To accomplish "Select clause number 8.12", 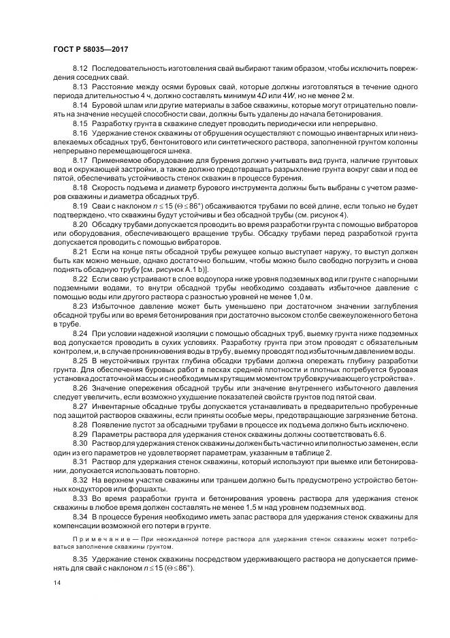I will [80, 70].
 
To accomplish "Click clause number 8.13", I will [80, 88].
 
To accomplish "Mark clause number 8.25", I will [80, 359].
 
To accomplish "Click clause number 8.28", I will [80, 423].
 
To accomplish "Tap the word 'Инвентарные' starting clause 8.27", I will [116, 404].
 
